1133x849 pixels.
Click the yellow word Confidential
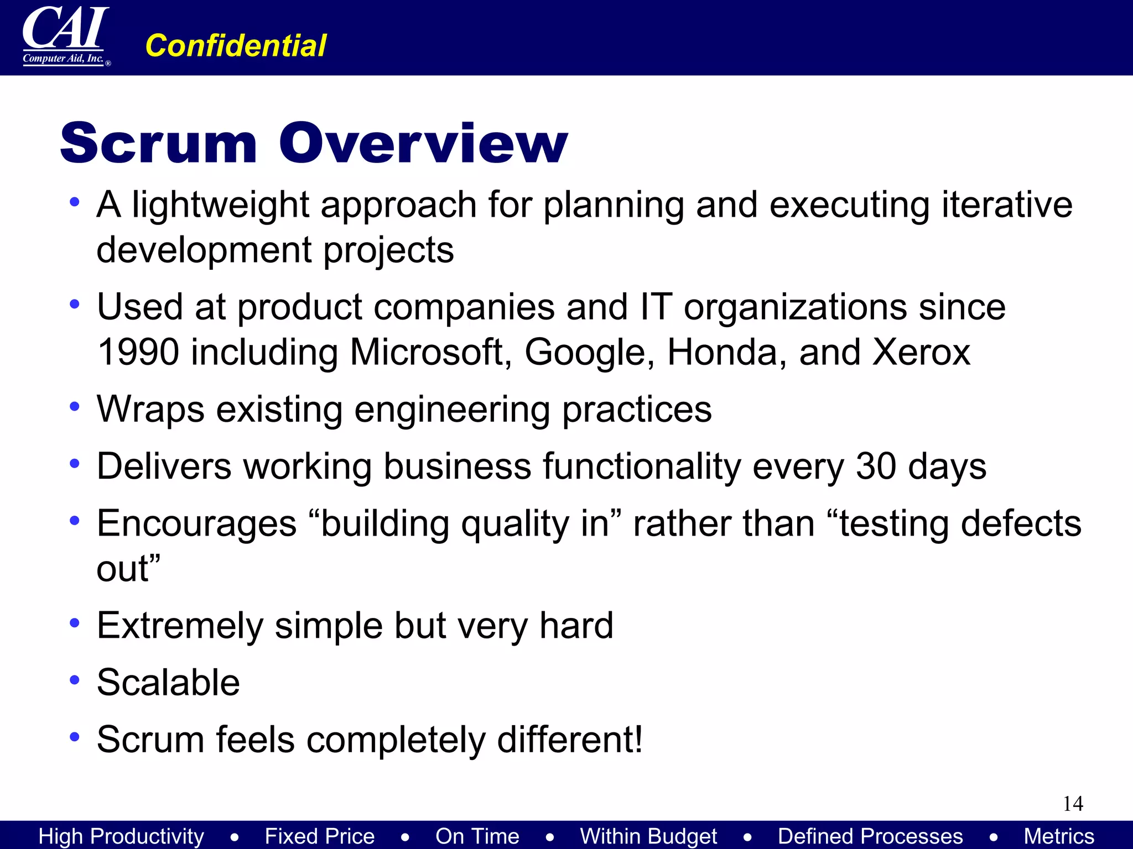[236, 45]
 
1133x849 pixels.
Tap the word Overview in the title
[423, 143]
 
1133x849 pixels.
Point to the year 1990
[138, 352]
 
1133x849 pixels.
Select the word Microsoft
[427, 352]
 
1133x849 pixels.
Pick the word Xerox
[921, 352]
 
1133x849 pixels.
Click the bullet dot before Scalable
[75, 680]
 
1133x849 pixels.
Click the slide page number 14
[1073, 804]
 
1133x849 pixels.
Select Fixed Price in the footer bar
[320, 836]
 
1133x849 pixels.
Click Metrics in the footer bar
[1059, 836]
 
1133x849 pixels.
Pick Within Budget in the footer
[648, 836]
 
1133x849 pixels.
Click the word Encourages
[196, 523]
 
